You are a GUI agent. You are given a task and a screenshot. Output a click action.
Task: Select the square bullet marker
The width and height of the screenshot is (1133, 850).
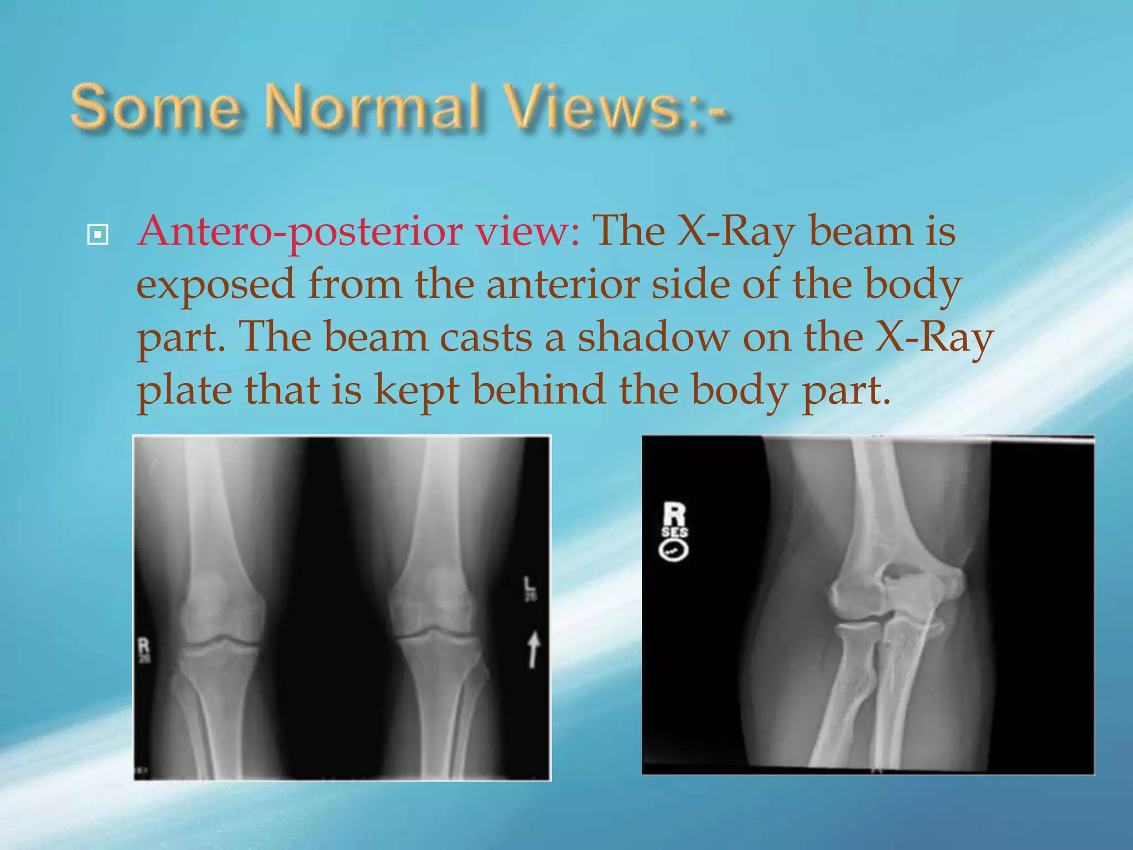coord(98,235)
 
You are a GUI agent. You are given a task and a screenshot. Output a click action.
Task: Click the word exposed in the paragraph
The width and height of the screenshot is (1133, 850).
coord(216,286)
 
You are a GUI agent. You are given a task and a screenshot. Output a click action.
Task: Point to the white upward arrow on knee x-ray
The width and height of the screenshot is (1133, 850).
coord(533,650)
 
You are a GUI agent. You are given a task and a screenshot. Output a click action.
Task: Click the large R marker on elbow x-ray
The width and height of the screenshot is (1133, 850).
coord(674,515)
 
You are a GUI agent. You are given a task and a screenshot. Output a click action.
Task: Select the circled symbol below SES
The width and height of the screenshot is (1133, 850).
coord(674,551)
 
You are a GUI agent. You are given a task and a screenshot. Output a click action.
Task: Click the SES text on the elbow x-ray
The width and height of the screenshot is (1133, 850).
coord(674,532)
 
